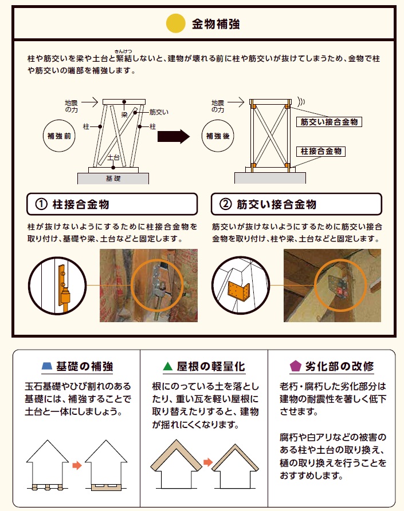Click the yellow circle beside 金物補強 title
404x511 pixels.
175,24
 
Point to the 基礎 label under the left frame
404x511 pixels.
113,179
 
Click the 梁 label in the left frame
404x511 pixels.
123,114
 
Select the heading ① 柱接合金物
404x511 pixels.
112,204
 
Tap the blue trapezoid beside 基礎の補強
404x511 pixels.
48,366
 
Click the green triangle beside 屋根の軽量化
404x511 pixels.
168,366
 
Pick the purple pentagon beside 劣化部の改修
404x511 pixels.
296,366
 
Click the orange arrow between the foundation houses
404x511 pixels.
77,465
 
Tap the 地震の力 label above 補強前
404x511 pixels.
71,105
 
